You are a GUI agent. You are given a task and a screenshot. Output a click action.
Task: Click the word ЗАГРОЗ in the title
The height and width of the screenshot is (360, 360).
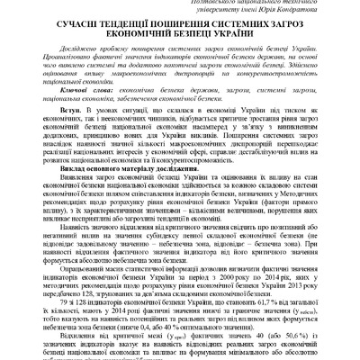(x=285, y=30)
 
